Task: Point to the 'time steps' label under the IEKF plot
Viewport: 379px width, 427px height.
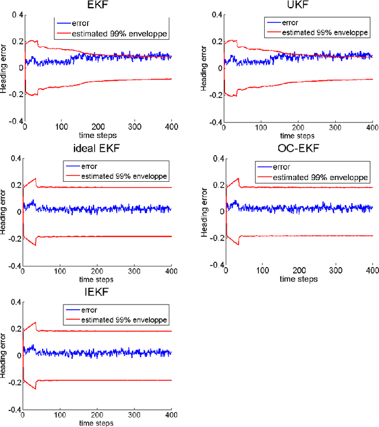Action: (97, 423)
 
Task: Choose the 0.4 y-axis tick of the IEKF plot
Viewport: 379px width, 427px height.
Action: (14, 302)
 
